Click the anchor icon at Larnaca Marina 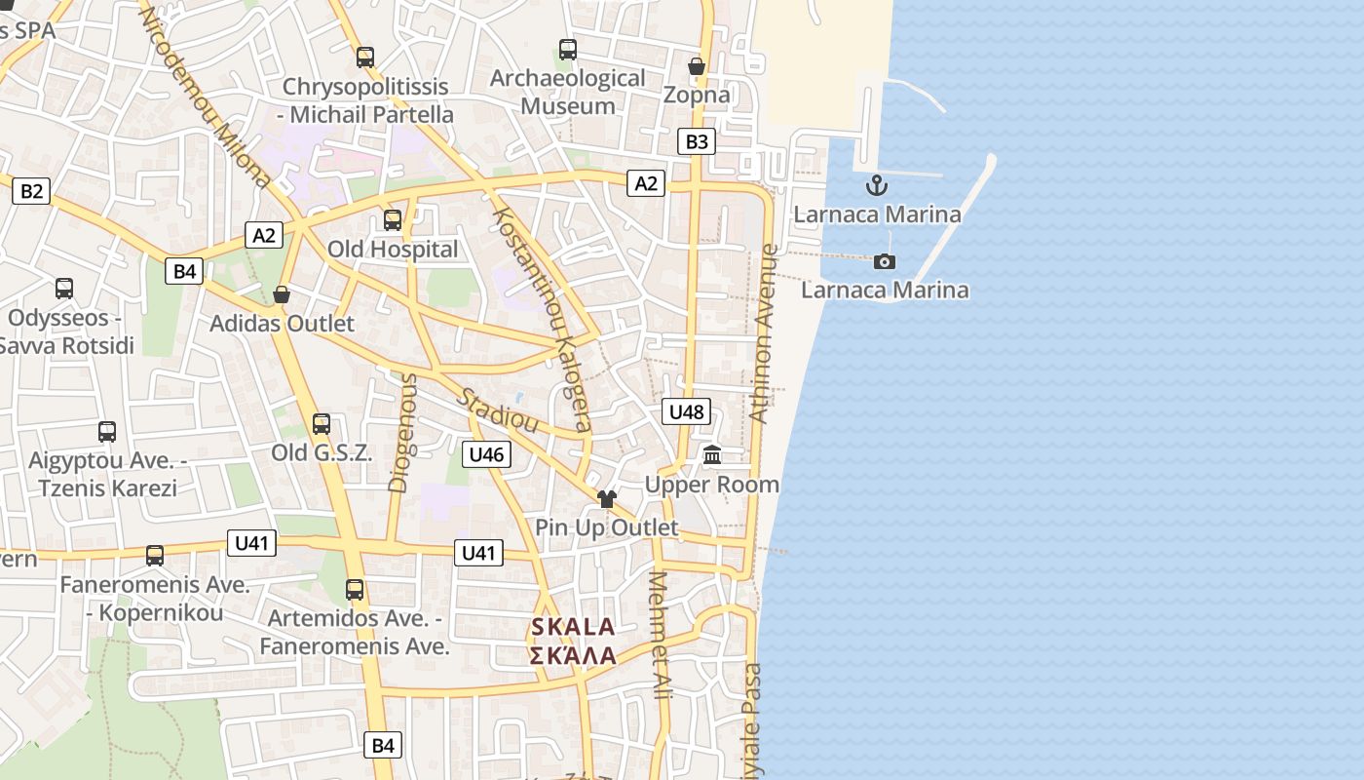(877, 184)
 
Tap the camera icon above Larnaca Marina (885, 261)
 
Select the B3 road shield (697, 141)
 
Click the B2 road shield (31, 191)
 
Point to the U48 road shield (686, 411)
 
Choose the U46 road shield (486, 453)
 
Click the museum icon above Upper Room (712, 455)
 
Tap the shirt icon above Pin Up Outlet (607, 499)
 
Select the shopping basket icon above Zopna (697, 66)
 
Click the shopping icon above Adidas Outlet (282, 294)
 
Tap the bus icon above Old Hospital (393, 220)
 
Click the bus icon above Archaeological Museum (567, 50)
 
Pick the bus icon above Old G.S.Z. (322, 424)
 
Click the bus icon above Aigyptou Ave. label (107, 432)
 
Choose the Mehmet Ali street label (660, 634)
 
